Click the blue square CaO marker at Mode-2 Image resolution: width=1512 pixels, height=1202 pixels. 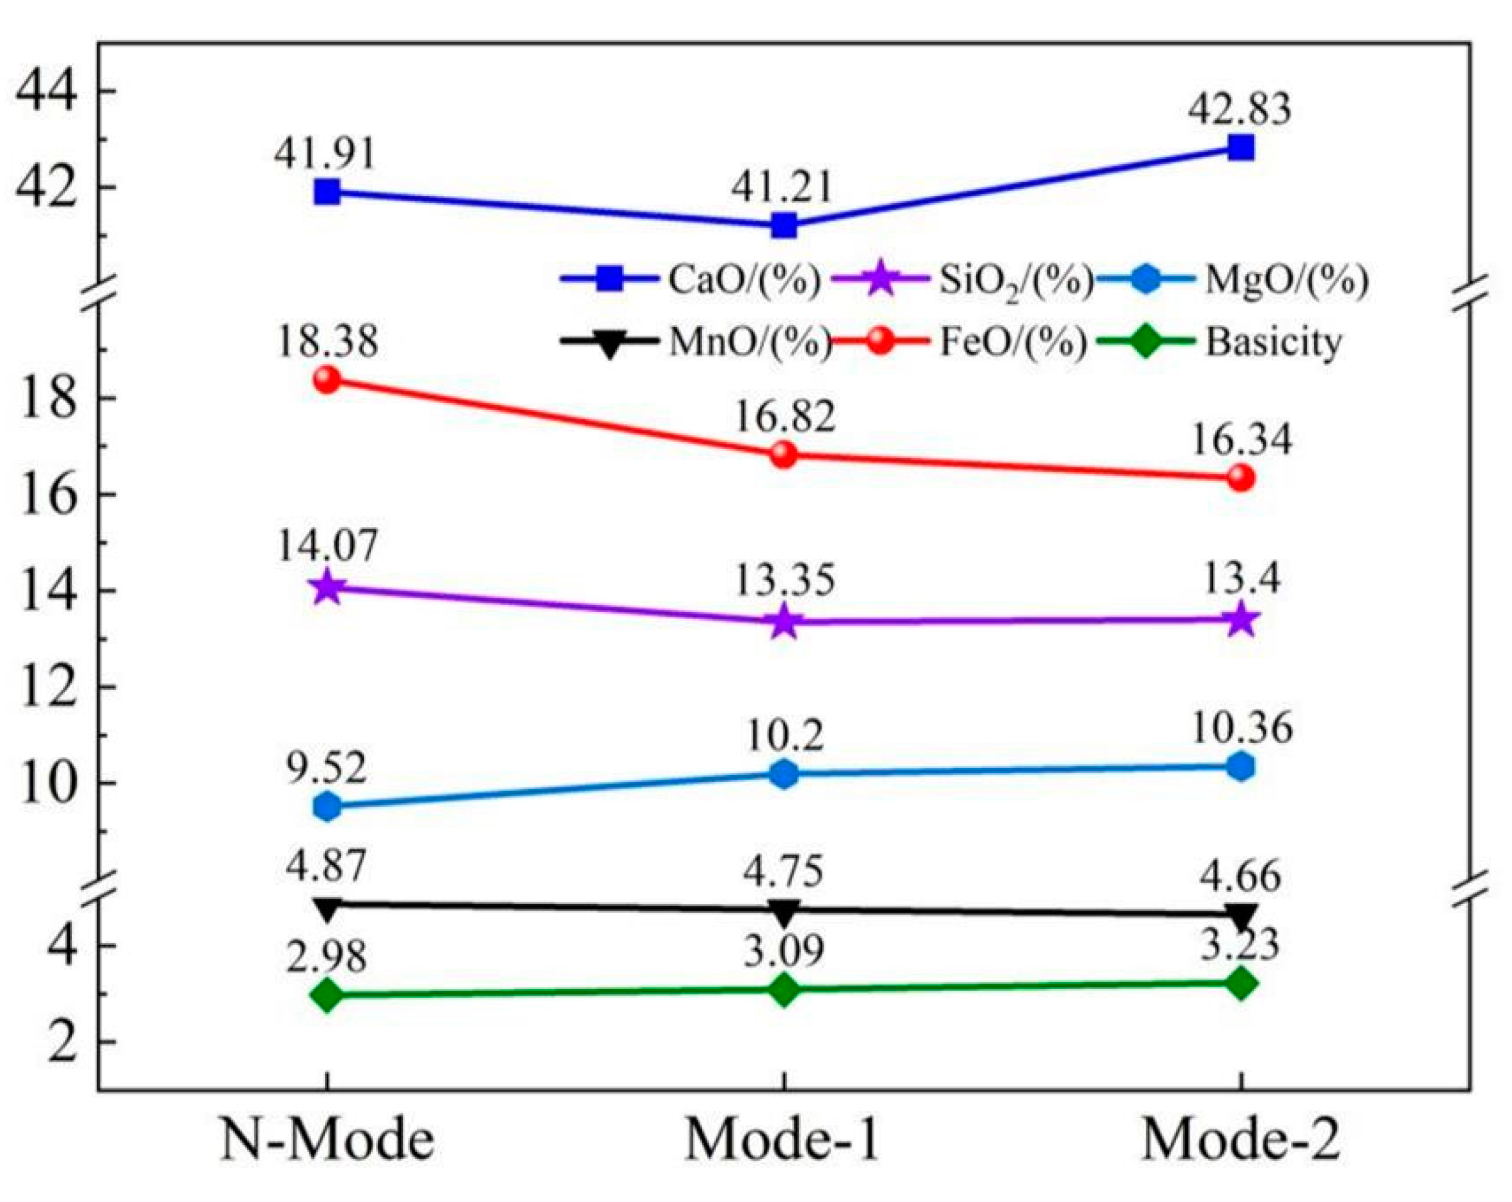pyautogui.click(x=1240, y=149)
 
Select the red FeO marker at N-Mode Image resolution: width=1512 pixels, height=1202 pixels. pyautogui.click(x=328, y=380)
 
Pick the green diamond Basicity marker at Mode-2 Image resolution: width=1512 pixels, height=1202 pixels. pyautogui.click(x=1240, y=983)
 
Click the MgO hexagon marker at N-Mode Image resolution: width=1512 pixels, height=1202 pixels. pyautogui.click(x=328, y=806)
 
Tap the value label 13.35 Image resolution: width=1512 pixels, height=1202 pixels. pyautogui.click(x=784, y=581)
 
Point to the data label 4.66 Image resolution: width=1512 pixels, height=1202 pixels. pyautogui.click(x=1240, y=877)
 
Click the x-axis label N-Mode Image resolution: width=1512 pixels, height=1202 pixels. pyautogui.click(x=328, y=1140)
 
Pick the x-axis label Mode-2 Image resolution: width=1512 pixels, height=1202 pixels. pyautogui.click(x=1240, y=1140)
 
